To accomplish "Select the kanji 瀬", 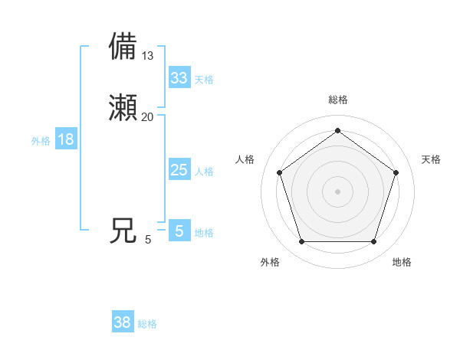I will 124,108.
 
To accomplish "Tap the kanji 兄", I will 123,231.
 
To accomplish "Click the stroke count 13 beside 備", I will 148,55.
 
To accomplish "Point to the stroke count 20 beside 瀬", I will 148,116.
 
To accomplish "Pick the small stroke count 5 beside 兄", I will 148,240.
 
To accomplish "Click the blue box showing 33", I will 179,78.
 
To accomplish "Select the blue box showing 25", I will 179,170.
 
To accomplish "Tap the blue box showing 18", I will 66,139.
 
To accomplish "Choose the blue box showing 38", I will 123,322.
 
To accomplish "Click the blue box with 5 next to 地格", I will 179,231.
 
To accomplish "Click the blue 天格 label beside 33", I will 204,80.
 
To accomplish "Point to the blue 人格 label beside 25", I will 204,172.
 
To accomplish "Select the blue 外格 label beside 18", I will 41,141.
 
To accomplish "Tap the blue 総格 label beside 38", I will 147,324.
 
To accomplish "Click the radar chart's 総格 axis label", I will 337,100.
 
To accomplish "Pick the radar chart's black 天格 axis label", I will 431,159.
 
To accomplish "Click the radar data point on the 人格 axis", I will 279,172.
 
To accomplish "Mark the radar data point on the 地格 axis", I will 373,242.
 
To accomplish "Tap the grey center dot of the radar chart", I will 337,191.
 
